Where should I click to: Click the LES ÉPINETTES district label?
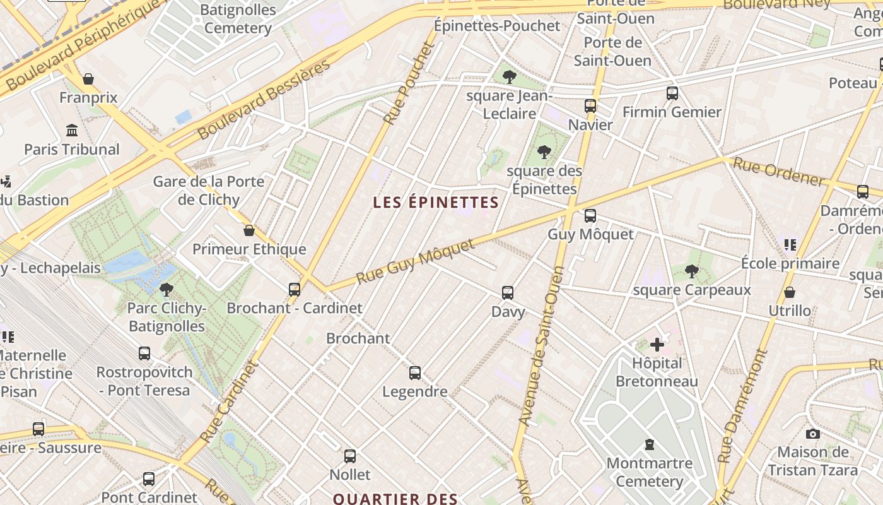(x=436, y=203)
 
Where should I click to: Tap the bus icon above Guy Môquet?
(x=590, y=216)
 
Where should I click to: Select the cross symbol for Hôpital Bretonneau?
(x=657, y=345)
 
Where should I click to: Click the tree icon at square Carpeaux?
(x=691, y=271)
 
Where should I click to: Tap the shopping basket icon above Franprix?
(x=88, y=79)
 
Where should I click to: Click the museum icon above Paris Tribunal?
(x=72, y=131)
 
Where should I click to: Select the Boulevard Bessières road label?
(x=264, y=100)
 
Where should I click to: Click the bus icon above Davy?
(x=508, y=293)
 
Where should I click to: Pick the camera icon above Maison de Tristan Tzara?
(x=813, y=434)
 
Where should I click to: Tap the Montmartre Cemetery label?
(x=649, y=472)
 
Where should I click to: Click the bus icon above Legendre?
(x=414, y=373)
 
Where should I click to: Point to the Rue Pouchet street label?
(x=409, y=83)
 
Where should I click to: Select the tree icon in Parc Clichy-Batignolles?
(x=167, y=290)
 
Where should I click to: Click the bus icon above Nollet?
(x=350, y=456)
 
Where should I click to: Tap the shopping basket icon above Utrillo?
(x=789, y=292)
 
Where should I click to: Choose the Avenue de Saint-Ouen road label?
(x=541, y=345)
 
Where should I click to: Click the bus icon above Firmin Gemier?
(x=672, y=93)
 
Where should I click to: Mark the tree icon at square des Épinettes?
(x=544, y=152)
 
